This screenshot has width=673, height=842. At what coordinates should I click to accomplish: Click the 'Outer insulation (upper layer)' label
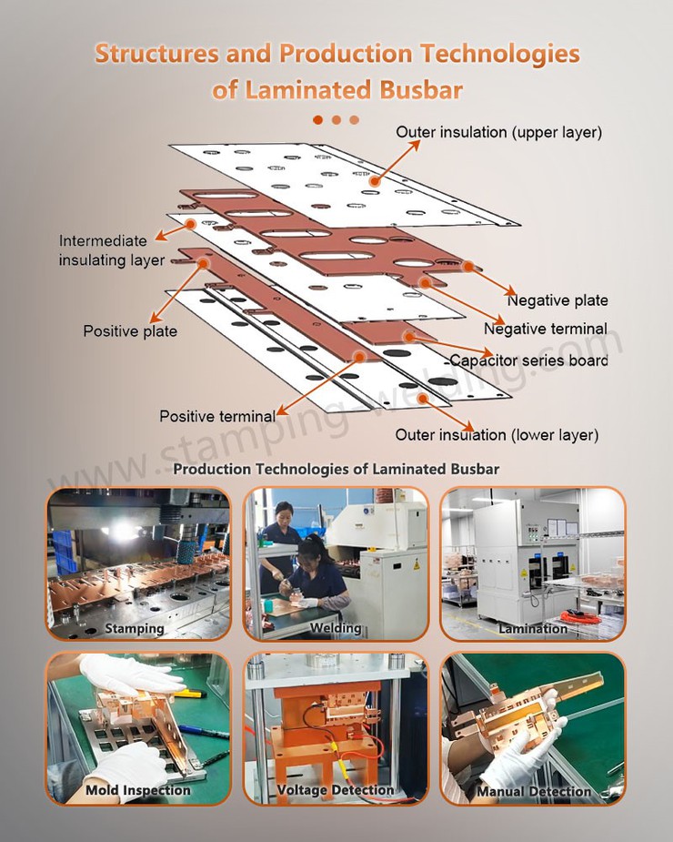(x=498, y=133)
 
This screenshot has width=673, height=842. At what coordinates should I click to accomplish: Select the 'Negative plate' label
(x=557, y=300)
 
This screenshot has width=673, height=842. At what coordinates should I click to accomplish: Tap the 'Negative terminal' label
(x=546, y=329)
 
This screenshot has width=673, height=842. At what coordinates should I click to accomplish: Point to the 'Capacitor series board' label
(x=529, y=360)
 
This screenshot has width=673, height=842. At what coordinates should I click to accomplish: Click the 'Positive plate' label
(x=130, y=331)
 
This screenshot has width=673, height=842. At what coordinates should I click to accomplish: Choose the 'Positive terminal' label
(x=216, y=416)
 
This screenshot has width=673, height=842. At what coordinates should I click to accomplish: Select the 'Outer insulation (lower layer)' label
(x=497, y=434)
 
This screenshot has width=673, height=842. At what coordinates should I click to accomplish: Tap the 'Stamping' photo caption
(x=135, y=628)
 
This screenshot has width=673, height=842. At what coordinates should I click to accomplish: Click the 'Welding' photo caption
(x=336, y=628)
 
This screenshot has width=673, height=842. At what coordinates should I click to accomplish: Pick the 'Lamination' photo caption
(x=533, y=628)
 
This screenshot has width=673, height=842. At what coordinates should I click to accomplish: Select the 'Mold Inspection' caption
(x=138, y=790)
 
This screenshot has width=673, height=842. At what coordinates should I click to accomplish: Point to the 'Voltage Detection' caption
(x=336, y=790)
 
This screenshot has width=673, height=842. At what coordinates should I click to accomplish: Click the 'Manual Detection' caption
(x=534, y=792)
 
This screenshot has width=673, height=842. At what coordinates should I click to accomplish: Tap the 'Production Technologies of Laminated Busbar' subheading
(x=336, y=470)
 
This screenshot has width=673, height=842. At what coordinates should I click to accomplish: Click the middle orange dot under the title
(x=336, y=119)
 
